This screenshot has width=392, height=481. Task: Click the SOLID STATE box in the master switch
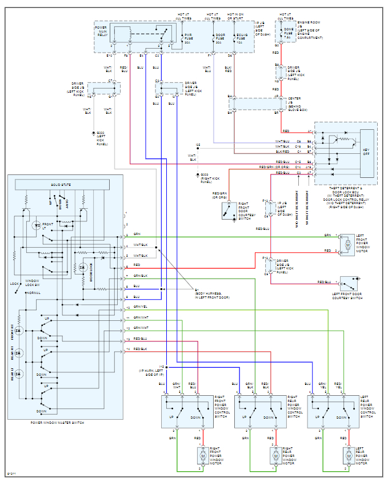(x=62, y=184)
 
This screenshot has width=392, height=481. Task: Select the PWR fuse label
(x=187, y=38)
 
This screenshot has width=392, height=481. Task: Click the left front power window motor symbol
(x=347, y=244)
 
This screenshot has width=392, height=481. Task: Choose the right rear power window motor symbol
(x=275, y=455)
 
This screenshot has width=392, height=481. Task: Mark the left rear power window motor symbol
(x=347, y=455)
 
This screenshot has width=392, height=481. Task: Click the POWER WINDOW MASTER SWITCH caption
(x=57, y=423)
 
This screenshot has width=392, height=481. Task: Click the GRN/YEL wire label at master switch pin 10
(x=140, y=307)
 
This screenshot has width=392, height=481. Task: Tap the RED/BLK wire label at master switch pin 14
(x=140, y=348)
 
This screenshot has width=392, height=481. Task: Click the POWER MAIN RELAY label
(x=101, y=31)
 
